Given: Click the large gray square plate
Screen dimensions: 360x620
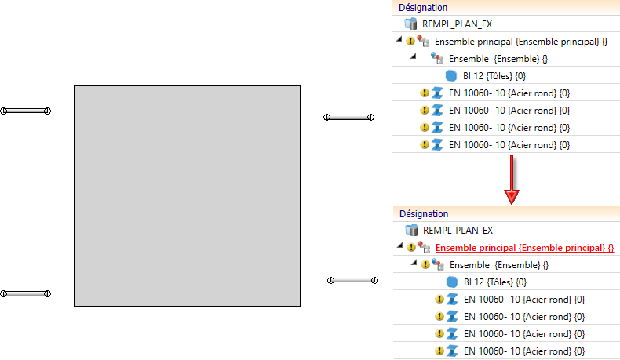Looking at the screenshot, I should click(187, 195).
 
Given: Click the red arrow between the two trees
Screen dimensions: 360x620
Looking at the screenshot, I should click(511, 180).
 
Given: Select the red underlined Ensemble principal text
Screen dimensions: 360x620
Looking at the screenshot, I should click(524, 247).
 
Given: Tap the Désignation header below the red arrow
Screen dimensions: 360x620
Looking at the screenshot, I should click(423, 213).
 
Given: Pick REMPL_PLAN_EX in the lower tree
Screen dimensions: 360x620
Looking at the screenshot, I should click(458, 230).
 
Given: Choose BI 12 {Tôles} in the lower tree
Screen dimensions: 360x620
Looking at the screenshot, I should click(494, 282).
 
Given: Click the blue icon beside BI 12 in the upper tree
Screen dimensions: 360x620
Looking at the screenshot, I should click(450, 75).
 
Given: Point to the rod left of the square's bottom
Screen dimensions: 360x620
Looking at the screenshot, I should click(26, 293).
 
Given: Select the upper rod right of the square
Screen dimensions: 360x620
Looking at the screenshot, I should click(349, 118).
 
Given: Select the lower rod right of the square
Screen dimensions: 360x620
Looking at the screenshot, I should click(353, 280).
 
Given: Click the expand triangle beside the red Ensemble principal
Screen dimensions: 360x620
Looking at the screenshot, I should click(399, 247).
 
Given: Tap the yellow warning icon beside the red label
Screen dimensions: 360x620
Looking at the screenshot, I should click(411, 247).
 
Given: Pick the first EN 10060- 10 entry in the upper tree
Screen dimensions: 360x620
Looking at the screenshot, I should click(509, 93).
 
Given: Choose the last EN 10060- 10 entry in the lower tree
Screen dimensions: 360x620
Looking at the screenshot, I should click(523, 351).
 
